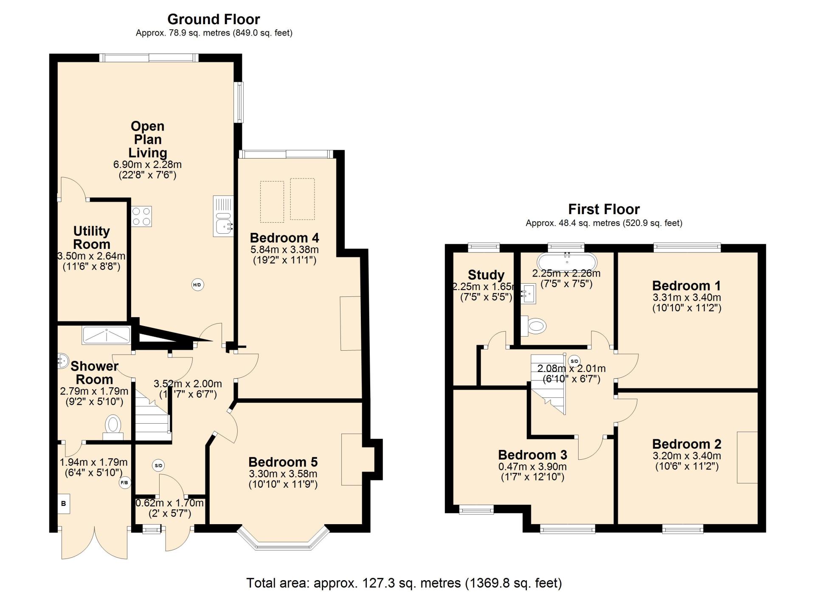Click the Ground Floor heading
pos(214,19)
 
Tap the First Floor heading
pos(604,209)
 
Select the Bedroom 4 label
pos(284,237)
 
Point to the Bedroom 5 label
pos(283,462)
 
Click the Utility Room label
pos(92,237)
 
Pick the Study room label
pos(486,275)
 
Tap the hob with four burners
pos(141,216)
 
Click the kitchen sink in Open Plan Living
pos(223,216)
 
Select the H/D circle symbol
pos(197,285)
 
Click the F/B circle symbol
pos(125,483)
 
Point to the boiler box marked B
pos(64,504)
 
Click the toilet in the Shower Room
pos(113,427)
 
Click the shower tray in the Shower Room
pos(107,335)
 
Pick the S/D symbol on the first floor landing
pos(574,361)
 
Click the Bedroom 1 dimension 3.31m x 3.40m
pos(687,298)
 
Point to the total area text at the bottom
pos(404,583)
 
